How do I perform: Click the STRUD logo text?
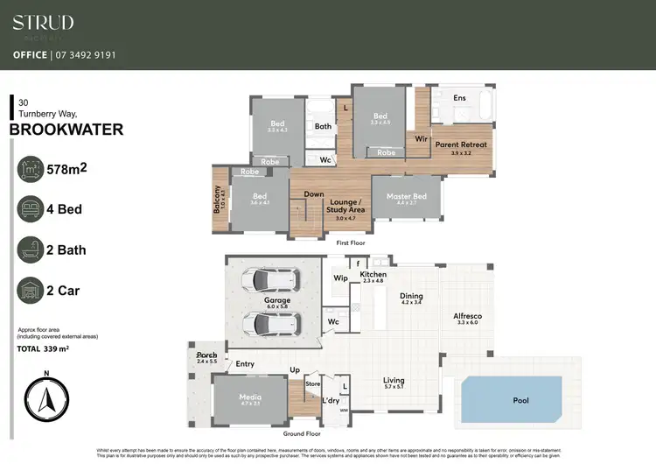pyautogui.click(x=43, y=23)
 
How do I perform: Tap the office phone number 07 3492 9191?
pyautogui.click(x=87, y=55)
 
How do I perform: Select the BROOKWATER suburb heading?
pyautogui.click(x=66, y=130)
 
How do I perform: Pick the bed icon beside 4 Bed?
pyautogui.click(x=31, y=209)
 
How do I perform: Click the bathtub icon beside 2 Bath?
pyautogui.click(x=31, y=250)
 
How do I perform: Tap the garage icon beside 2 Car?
pyautogui.click(x=31, y=290)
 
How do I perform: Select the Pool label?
pyautogui.click(x=521, y=399)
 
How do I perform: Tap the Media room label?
pyautogui.click(x=250, y=397)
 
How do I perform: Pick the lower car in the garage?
pyautogui.click(x=274, y=324)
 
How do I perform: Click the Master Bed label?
pyautogui.click(x=408, y=196)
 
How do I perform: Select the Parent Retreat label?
pyautogui.click(x=461, y=144)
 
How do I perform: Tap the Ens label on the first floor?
pyautogui.click(x=459, y=98)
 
